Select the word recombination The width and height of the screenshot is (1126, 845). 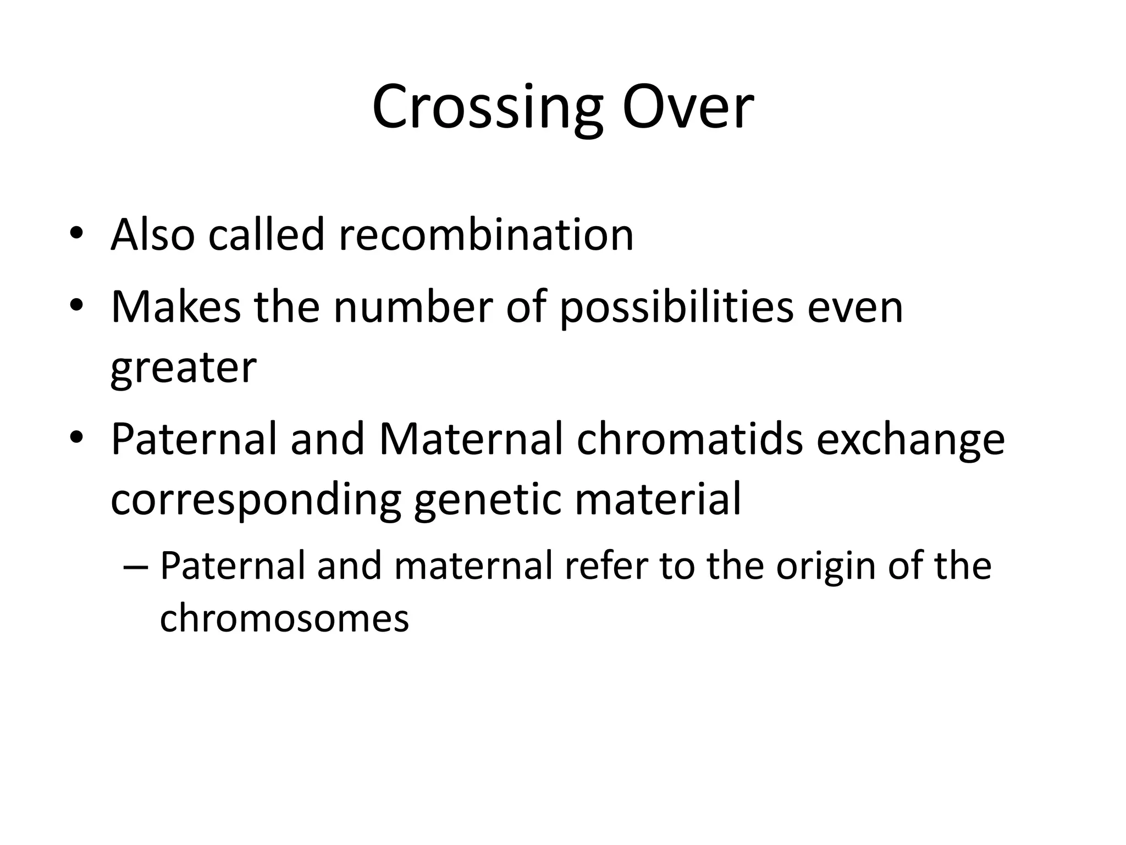[x=486, y=235]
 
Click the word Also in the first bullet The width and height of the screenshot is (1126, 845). [x=152, y=235]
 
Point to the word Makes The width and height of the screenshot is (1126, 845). [x=176, y=307]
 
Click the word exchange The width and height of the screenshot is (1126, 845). [x=910, y=440]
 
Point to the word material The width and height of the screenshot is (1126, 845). [x=658, y=500]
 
